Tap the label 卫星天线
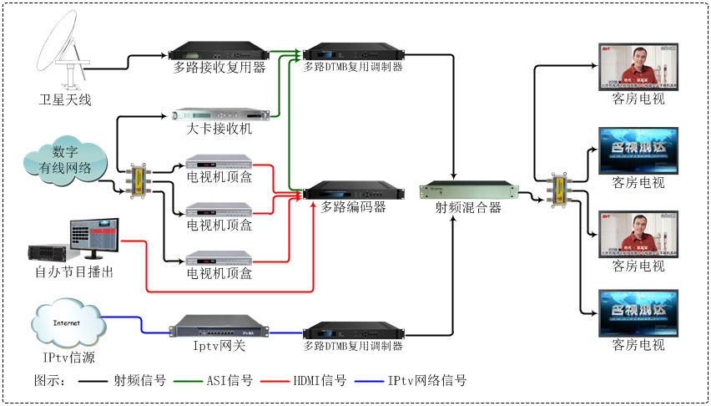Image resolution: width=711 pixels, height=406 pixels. (65, 100)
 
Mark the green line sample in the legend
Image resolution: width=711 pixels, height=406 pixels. (181, 381)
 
